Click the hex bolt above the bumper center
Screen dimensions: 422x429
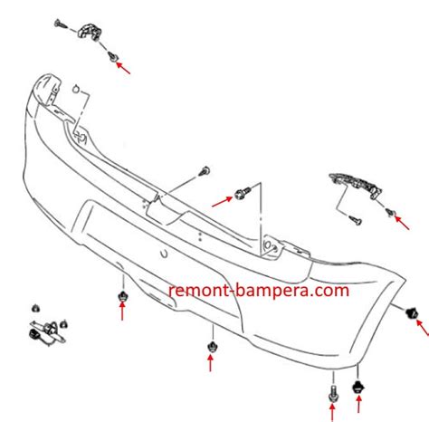[242, 192]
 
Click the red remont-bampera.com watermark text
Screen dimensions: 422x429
[257, 291]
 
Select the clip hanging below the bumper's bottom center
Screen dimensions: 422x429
[211, 345]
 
